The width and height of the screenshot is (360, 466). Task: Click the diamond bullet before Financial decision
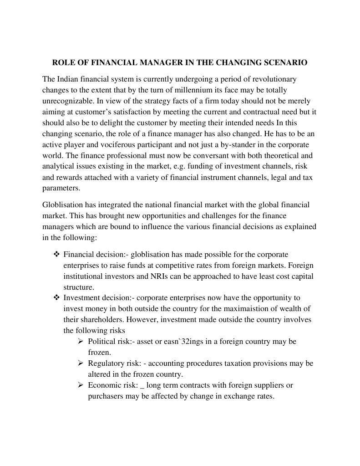[56, 254]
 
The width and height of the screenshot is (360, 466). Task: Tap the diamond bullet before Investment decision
[56, 298]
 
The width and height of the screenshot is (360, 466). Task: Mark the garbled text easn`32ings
[177, 341]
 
